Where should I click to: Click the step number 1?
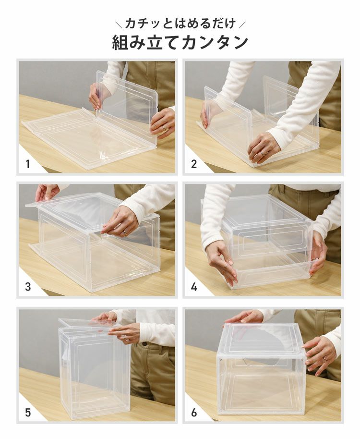point(28,164)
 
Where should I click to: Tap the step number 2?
point(194,164)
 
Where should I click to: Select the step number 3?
point(28,287)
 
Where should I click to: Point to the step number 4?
point(194,287)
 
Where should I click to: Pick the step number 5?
point(28,412)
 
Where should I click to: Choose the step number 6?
point(194,412)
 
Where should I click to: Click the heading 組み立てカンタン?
point(180,42)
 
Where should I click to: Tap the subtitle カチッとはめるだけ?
point(180,23)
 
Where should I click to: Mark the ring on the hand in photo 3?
point(123,233)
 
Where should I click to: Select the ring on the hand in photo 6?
point(324,358)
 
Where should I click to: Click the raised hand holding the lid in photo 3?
point(47,192)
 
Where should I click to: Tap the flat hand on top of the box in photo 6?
point(245,317)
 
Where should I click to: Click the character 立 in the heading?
point(156,42)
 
